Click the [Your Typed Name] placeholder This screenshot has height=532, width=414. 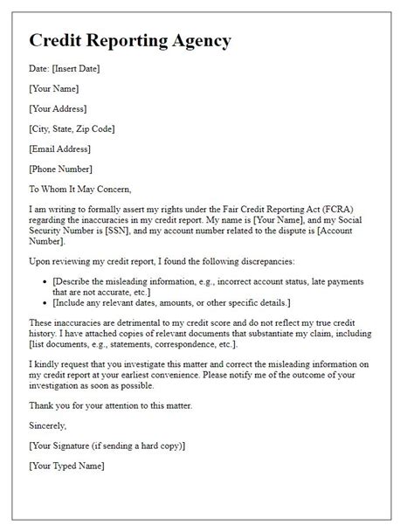tap(66, 466)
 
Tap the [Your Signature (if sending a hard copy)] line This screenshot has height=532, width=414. tap(107, 446)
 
